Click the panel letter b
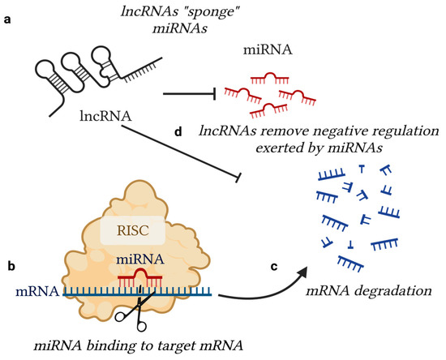(11, 264)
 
